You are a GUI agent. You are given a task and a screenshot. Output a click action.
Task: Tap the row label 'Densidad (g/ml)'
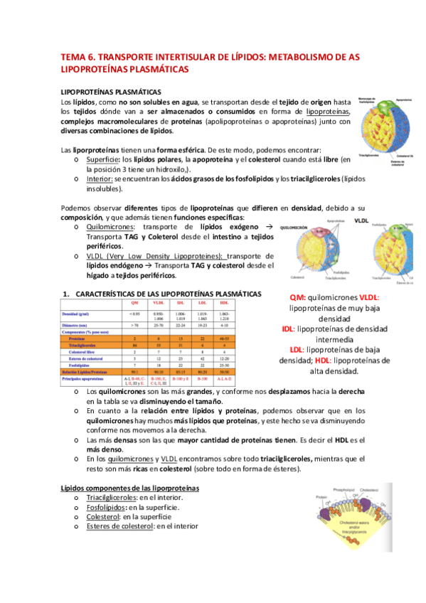80,314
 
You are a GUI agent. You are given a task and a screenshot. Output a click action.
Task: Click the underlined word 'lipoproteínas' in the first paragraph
328,112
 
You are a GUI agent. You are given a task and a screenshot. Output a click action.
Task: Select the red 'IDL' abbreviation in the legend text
288,329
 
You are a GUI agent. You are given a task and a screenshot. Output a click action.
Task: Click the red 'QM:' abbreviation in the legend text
298,297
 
